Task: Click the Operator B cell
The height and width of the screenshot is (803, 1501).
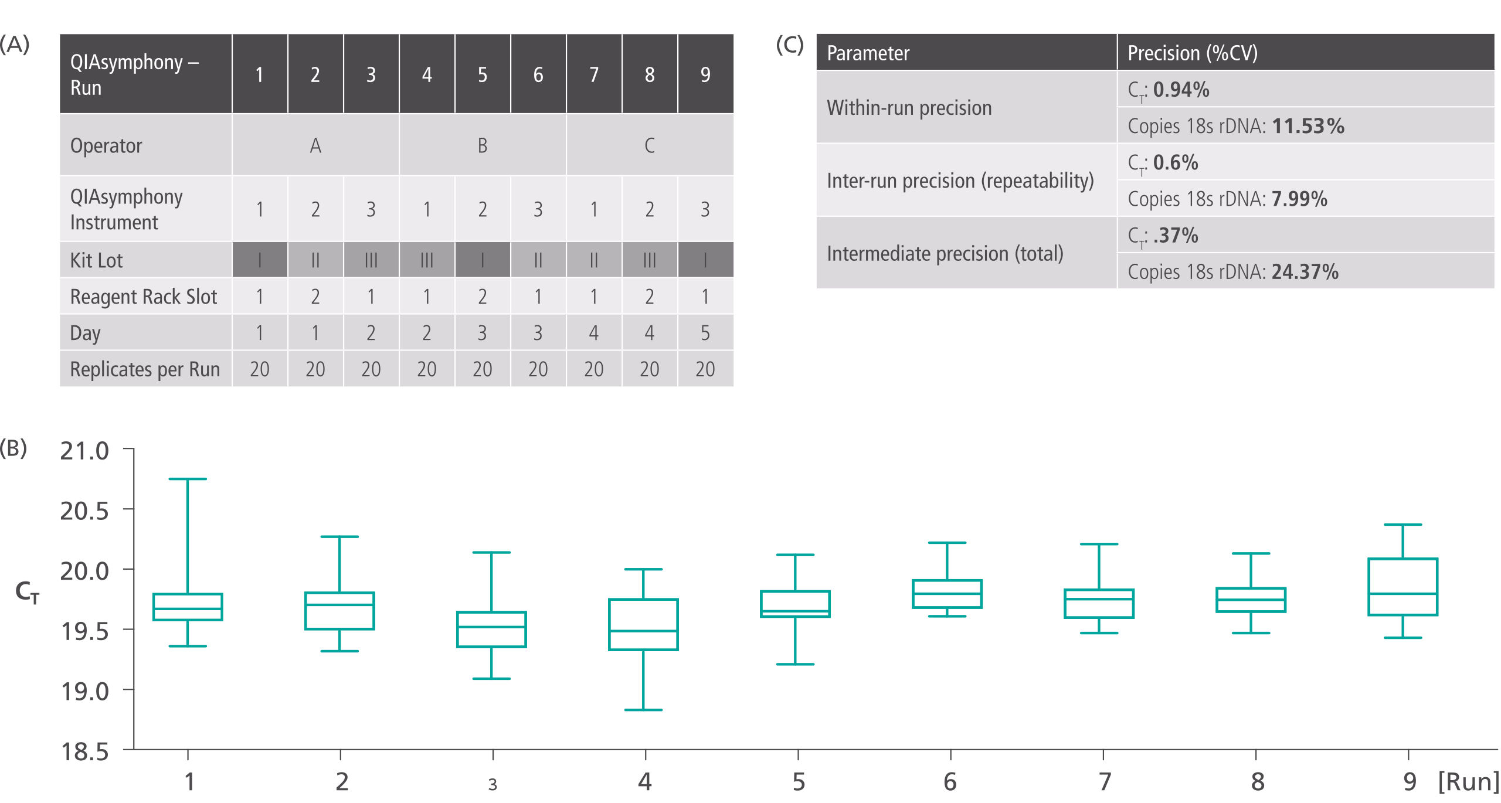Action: pyautogui.click(x=482, y=145)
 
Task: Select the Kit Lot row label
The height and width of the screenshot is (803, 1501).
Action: pyautogui.click(x=97, y=260)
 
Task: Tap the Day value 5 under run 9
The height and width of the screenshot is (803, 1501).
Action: pyautogui.click(x=705, y=333)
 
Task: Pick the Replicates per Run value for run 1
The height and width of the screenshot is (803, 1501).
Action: pyautogui.click(x=259, y=369)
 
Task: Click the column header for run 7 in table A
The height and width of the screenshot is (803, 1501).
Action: pyautogui.click(x=593, y=74)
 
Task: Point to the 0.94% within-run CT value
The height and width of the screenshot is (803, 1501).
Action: pyautogui.click(x=1181, y=90)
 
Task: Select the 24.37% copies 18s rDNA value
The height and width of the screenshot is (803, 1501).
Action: pyautogui.click(x=1305, y=272)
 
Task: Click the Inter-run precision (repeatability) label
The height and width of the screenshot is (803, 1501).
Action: pyautogui.click(x=960, y=181)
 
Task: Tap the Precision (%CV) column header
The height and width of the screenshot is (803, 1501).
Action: pyautogui.click(x=1193, y=53)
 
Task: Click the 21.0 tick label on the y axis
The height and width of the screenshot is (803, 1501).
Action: pyautogui.click(x=84, y=451)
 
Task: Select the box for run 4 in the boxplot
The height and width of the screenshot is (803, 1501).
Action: pyautogui.click(x=643, y=624)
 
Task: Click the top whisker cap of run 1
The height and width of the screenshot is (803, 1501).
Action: pyautogui.click(x=188, y=479)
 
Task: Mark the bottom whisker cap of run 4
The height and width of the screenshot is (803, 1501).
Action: pyautogui.click(x=643, y=710)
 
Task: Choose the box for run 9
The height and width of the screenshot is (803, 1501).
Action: pyautogui.click(x=1402, y=587)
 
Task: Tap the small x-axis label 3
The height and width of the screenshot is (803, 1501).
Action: pyautogui.click(x=493, y=784)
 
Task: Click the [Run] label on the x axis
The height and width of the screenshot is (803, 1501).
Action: pyautogui.click(x=1468, y=782)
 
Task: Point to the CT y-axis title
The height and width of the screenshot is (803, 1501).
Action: pyautogui.click(x=27, y=592)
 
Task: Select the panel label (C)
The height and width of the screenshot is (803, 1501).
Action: pyautogui.click(x=789, y=45)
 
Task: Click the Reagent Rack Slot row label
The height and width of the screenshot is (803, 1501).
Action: pyautogui.click(x=144, y=297)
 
